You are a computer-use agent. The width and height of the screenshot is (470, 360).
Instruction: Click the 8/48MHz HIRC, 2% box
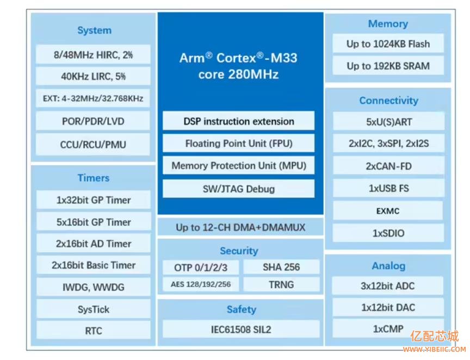94,54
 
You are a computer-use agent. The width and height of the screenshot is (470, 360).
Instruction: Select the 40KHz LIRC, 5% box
94,77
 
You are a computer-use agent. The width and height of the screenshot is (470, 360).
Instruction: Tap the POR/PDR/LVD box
94,121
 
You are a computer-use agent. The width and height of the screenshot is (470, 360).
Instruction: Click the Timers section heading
94,178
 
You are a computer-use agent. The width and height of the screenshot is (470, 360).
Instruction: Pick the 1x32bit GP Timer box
94,200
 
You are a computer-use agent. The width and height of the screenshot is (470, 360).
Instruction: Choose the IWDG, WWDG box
94,287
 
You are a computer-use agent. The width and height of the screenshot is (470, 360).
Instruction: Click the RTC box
94,331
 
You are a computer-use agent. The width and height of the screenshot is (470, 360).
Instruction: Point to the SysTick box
94,309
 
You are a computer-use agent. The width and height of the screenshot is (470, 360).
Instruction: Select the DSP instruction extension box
239,121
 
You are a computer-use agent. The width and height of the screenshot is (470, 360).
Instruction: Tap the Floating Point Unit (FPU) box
239,144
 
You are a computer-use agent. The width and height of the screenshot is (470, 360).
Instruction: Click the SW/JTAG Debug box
239,189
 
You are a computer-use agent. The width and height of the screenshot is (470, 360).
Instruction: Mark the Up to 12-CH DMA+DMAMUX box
240,227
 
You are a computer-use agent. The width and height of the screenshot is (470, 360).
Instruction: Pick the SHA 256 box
281,267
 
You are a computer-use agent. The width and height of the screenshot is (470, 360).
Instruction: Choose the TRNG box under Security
281,284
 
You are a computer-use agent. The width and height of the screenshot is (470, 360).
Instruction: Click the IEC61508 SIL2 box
241,330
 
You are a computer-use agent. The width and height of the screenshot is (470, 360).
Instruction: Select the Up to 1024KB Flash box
388,44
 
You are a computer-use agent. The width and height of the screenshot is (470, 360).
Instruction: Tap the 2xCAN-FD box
388,166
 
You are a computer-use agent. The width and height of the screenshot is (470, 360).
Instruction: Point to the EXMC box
388,211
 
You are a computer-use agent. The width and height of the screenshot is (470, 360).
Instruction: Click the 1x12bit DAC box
388,307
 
